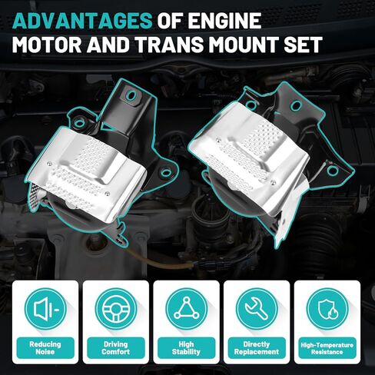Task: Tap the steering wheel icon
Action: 115,309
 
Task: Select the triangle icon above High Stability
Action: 187,309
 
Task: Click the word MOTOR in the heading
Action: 51,45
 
